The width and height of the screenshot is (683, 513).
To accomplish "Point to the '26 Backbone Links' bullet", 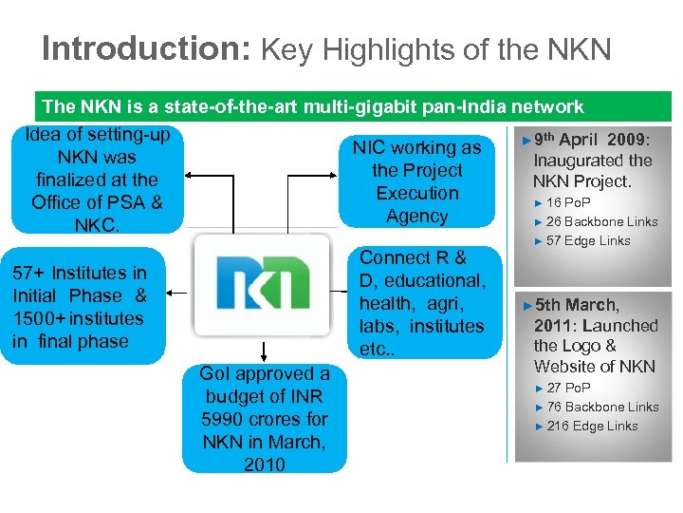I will [601, 221].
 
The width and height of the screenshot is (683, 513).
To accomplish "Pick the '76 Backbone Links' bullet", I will [601, 407].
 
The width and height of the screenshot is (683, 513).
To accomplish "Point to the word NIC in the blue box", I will [368, 147].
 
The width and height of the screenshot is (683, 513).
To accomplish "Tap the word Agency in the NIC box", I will [417, 216].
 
